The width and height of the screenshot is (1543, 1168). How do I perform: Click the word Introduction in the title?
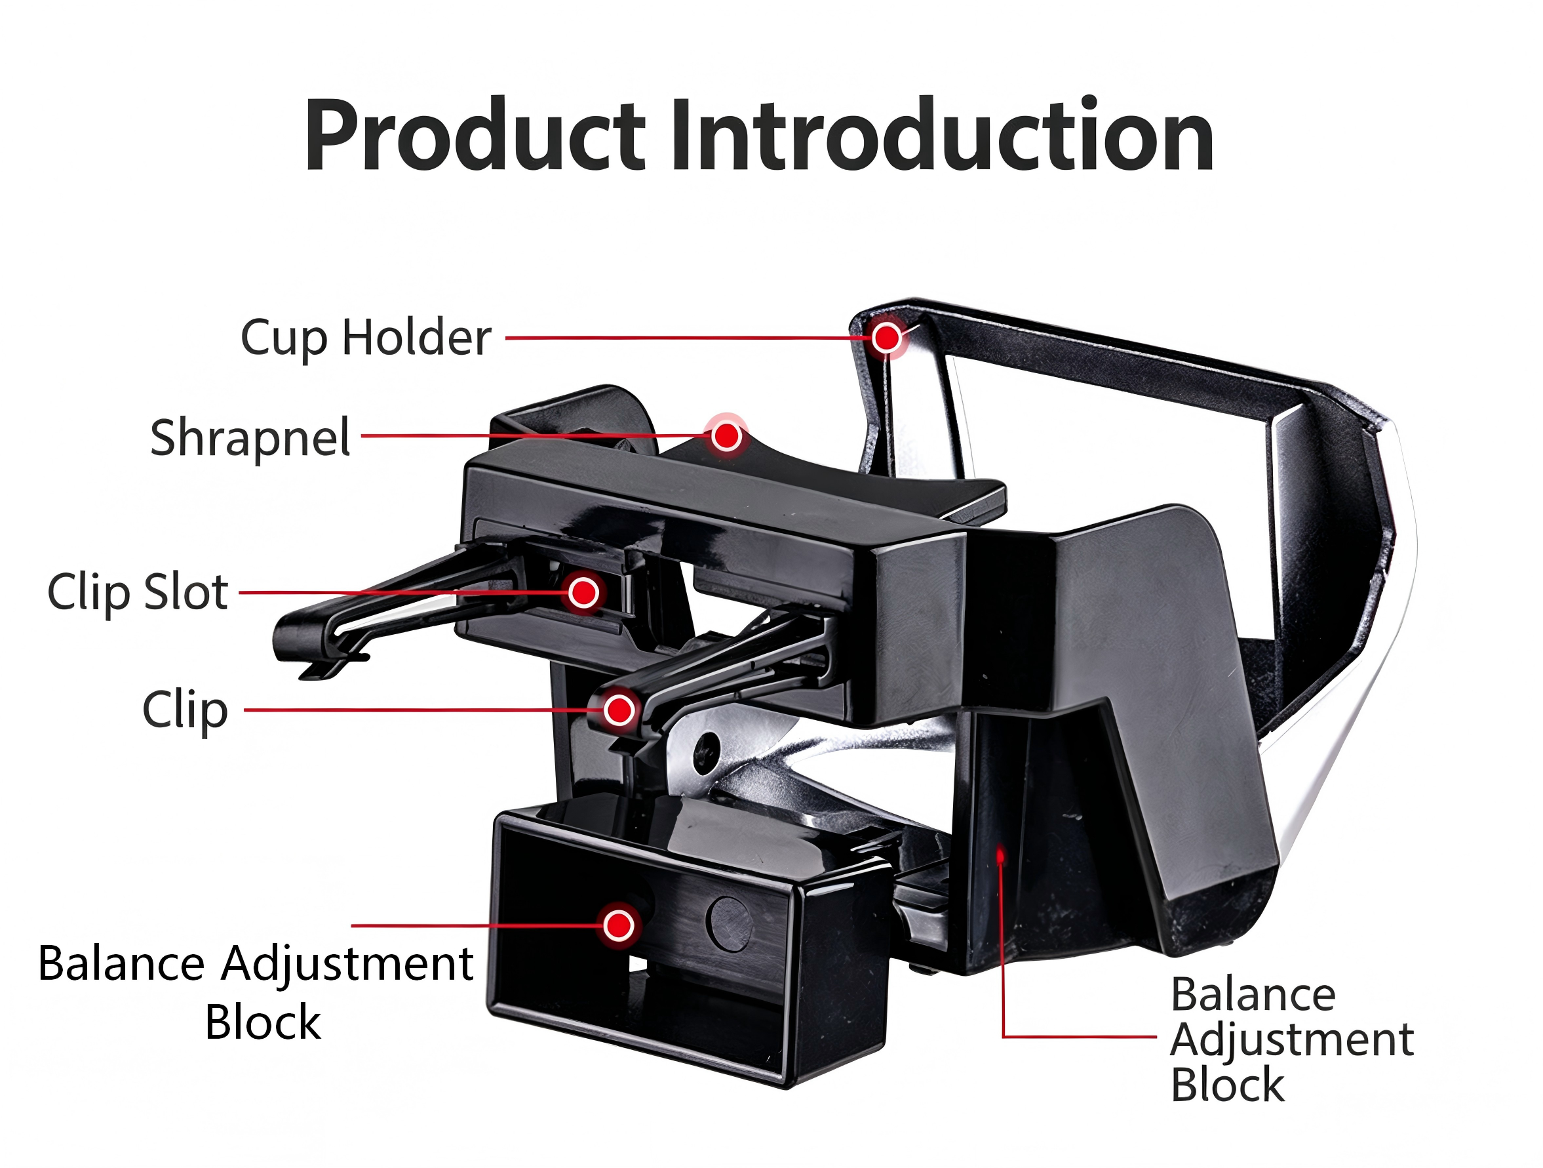[x=943, y=134]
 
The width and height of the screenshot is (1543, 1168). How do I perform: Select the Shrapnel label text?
[x=250, y=438]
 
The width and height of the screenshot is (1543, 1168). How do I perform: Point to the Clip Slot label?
[x=138, y=592]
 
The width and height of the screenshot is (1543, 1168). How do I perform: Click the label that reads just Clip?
[x=185, y=710]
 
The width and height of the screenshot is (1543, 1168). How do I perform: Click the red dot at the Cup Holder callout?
[x=887, y=338]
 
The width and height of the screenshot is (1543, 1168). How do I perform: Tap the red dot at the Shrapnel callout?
[x=727, y=436]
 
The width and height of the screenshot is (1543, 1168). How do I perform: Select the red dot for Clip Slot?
[x=583, y=592]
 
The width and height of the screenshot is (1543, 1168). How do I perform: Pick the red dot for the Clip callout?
[x=619, y=710]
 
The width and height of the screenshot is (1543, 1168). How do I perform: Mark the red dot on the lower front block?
[x=619, y=925]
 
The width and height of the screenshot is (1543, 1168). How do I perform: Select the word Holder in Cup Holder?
[x=416, y=338]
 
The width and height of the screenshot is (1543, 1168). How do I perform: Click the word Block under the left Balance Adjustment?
[x=262, y=1022]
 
